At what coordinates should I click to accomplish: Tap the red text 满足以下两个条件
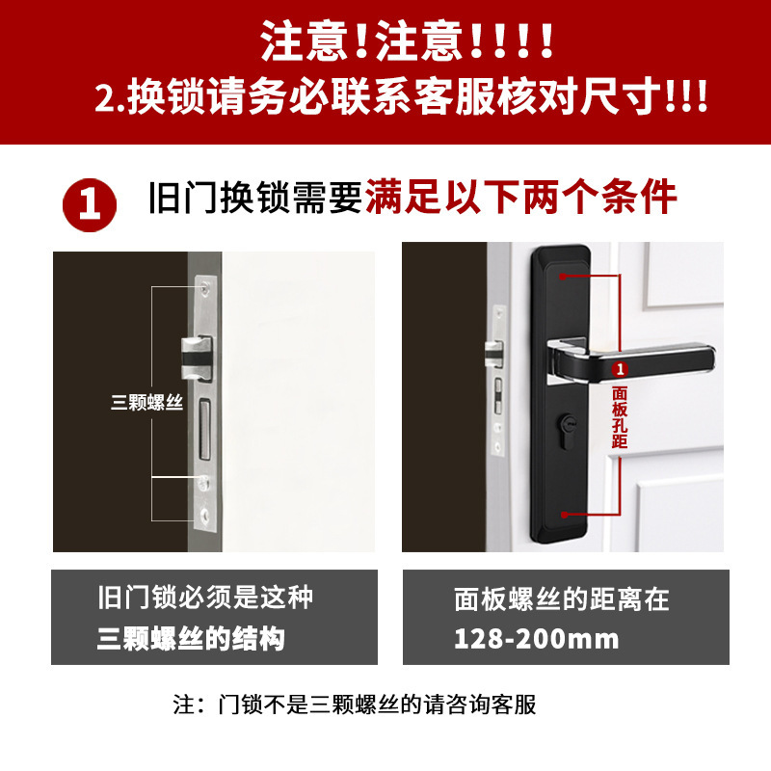click(520, 198)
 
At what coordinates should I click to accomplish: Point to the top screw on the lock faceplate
click(204, 285)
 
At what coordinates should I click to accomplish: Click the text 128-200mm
click(537, 639)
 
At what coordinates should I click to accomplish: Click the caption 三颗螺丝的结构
click(192, 639)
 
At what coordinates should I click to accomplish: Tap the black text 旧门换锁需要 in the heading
click(254, 199)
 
